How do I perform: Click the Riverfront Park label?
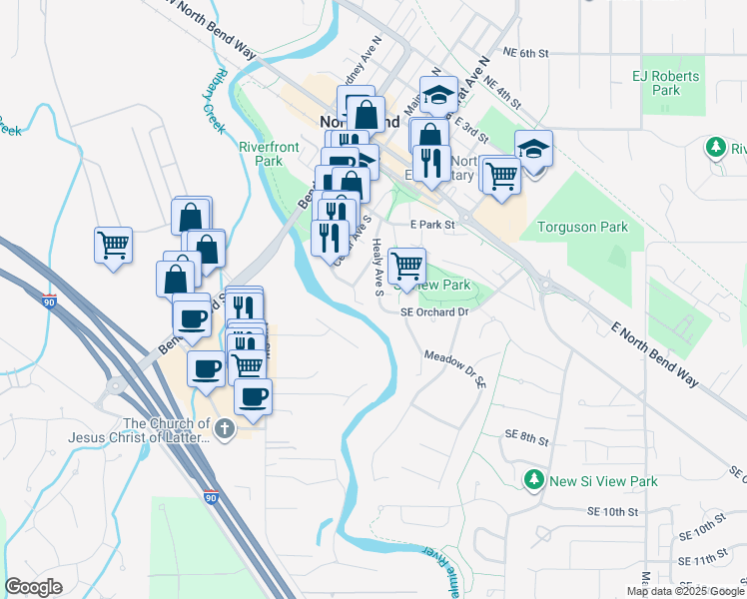point(269,154)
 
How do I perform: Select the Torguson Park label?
point(582,227)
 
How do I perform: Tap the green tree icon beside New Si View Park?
point(534,480)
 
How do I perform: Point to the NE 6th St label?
point(527,53)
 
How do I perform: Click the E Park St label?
point(434,225)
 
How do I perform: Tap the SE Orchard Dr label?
point(434,311)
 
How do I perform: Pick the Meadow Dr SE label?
point(454,367)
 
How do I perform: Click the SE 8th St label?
point(527,436)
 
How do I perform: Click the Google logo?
point(33,587)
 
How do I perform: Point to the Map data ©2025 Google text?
point(685,591)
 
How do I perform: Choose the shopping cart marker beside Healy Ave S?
point(406,267)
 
